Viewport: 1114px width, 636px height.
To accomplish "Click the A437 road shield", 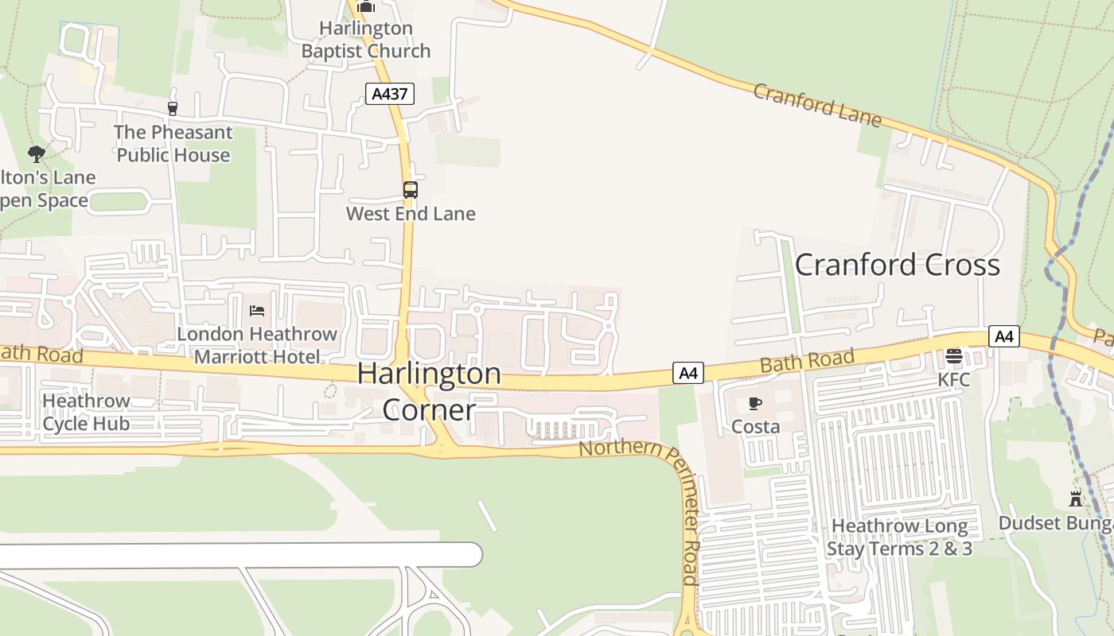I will point(390,94).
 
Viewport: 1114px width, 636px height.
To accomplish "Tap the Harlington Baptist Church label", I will point(366,40).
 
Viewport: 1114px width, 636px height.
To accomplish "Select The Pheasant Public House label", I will point(173,144).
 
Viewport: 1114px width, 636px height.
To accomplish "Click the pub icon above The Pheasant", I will point(172,108).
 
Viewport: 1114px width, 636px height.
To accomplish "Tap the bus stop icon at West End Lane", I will point(411,190).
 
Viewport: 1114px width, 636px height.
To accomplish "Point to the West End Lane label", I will point(411,214).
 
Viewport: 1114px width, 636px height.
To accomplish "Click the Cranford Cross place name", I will point(898,265).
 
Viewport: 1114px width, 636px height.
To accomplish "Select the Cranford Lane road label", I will point(817,105).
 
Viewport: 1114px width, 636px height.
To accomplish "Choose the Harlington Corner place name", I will point(429,391).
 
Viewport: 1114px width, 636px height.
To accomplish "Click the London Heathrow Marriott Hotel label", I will point(257,345).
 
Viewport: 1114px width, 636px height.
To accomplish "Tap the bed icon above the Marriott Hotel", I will point(257,310).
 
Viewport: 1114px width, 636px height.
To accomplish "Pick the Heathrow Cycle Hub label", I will point(86,412).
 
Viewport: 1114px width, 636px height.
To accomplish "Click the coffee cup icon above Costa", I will point(755,404).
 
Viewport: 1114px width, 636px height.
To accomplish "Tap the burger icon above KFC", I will point(953,355).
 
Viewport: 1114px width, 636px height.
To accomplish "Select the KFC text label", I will point(953,380).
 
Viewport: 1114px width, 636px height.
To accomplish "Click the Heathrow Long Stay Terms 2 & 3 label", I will point(899,537).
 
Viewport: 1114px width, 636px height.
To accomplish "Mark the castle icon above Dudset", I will point(1076,499).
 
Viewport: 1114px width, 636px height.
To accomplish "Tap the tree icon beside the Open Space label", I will point(36,153).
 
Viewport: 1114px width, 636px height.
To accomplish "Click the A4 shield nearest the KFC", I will point(1004,336).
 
